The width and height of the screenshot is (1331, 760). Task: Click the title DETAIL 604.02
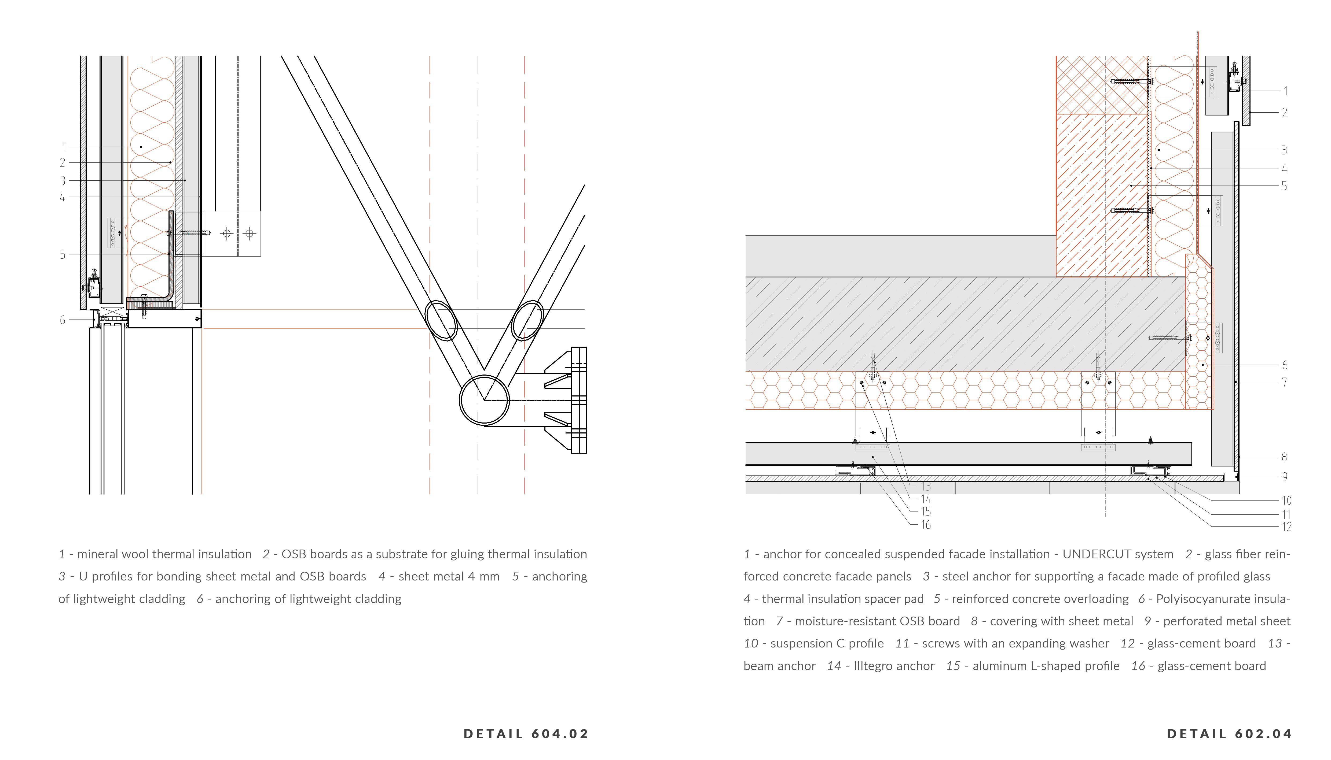click(x=526, y=734)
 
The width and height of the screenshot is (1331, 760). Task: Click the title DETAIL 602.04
click(x=1229, y=734)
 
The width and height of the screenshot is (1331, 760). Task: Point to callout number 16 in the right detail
click(x=926, y=525)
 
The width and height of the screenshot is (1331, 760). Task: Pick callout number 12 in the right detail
click(x=1286, y=527)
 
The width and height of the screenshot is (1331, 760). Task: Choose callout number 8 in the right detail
click(x=1285, y=457)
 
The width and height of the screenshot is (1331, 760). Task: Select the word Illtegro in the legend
click(x=874, y=666)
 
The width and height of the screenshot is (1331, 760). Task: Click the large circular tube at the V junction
click(x=484, y=400)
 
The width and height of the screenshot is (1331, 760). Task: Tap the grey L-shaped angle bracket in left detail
click(x=171, y=261)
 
